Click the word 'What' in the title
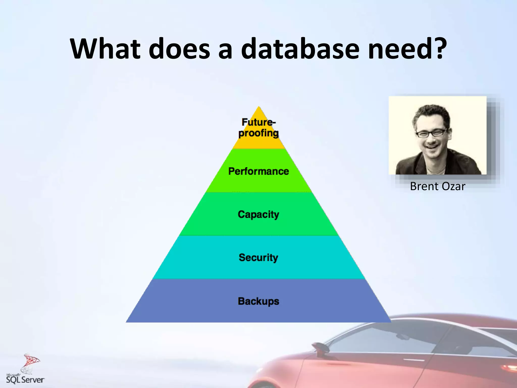[105, 48]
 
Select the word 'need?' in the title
[407, 48]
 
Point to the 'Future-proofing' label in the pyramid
[258, 128]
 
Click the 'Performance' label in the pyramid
[258, 171]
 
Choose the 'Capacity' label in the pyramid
[258, 214]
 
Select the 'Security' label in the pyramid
[258, 258]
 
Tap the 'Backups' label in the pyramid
[258, 301]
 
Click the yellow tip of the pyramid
[258, 114]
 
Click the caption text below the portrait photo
[437, 186]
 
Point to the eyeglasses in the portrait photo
[431, 133]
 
